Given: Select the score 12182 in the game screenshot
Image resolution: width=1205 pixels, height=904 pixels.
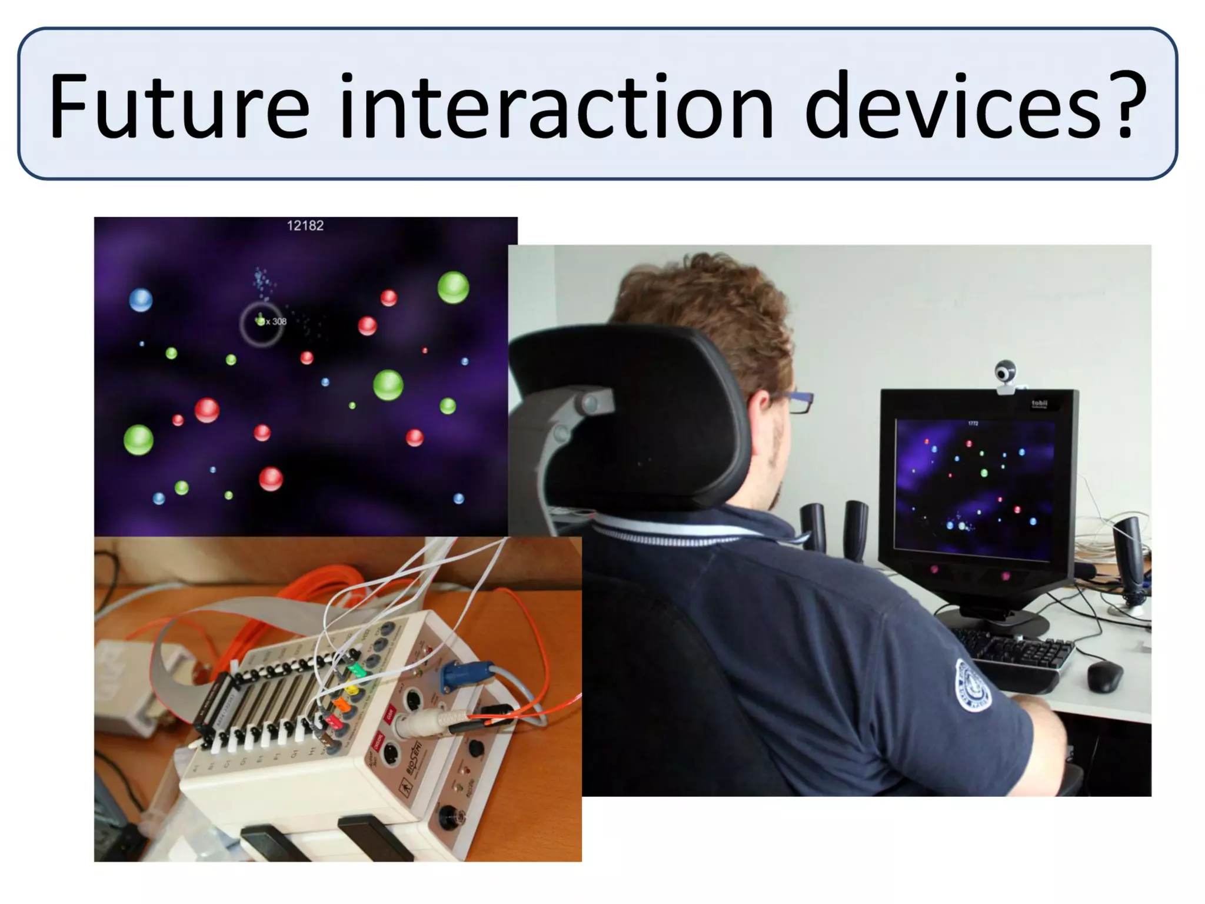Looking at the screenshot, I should (x=305, y=225).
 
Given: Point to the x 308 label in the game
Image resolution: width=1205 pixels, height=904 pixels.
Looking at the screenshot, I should (x=276, y=321).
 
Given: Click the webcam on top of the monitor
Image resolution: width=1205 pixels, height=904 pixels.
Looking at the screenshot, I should (x=1006, y=374).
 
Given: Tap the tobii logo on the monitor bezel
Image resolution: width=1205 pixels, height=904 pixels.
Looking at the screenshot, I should (x=1040, y=404).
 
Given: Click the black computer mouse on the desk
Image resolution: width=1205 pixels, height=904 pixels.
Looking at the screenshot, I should (x=1104, y=676).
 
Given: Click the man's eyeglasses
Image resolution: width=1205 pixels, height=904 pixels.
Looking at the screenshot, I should (x=797, y=403).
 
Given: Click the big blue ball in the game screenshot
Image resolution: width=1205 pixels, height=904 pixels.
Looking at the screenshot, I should (x=141, y=300).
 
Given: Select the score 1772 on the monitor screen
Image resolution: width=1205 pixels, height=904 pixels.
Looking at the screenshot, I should (x=973, y=424).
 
